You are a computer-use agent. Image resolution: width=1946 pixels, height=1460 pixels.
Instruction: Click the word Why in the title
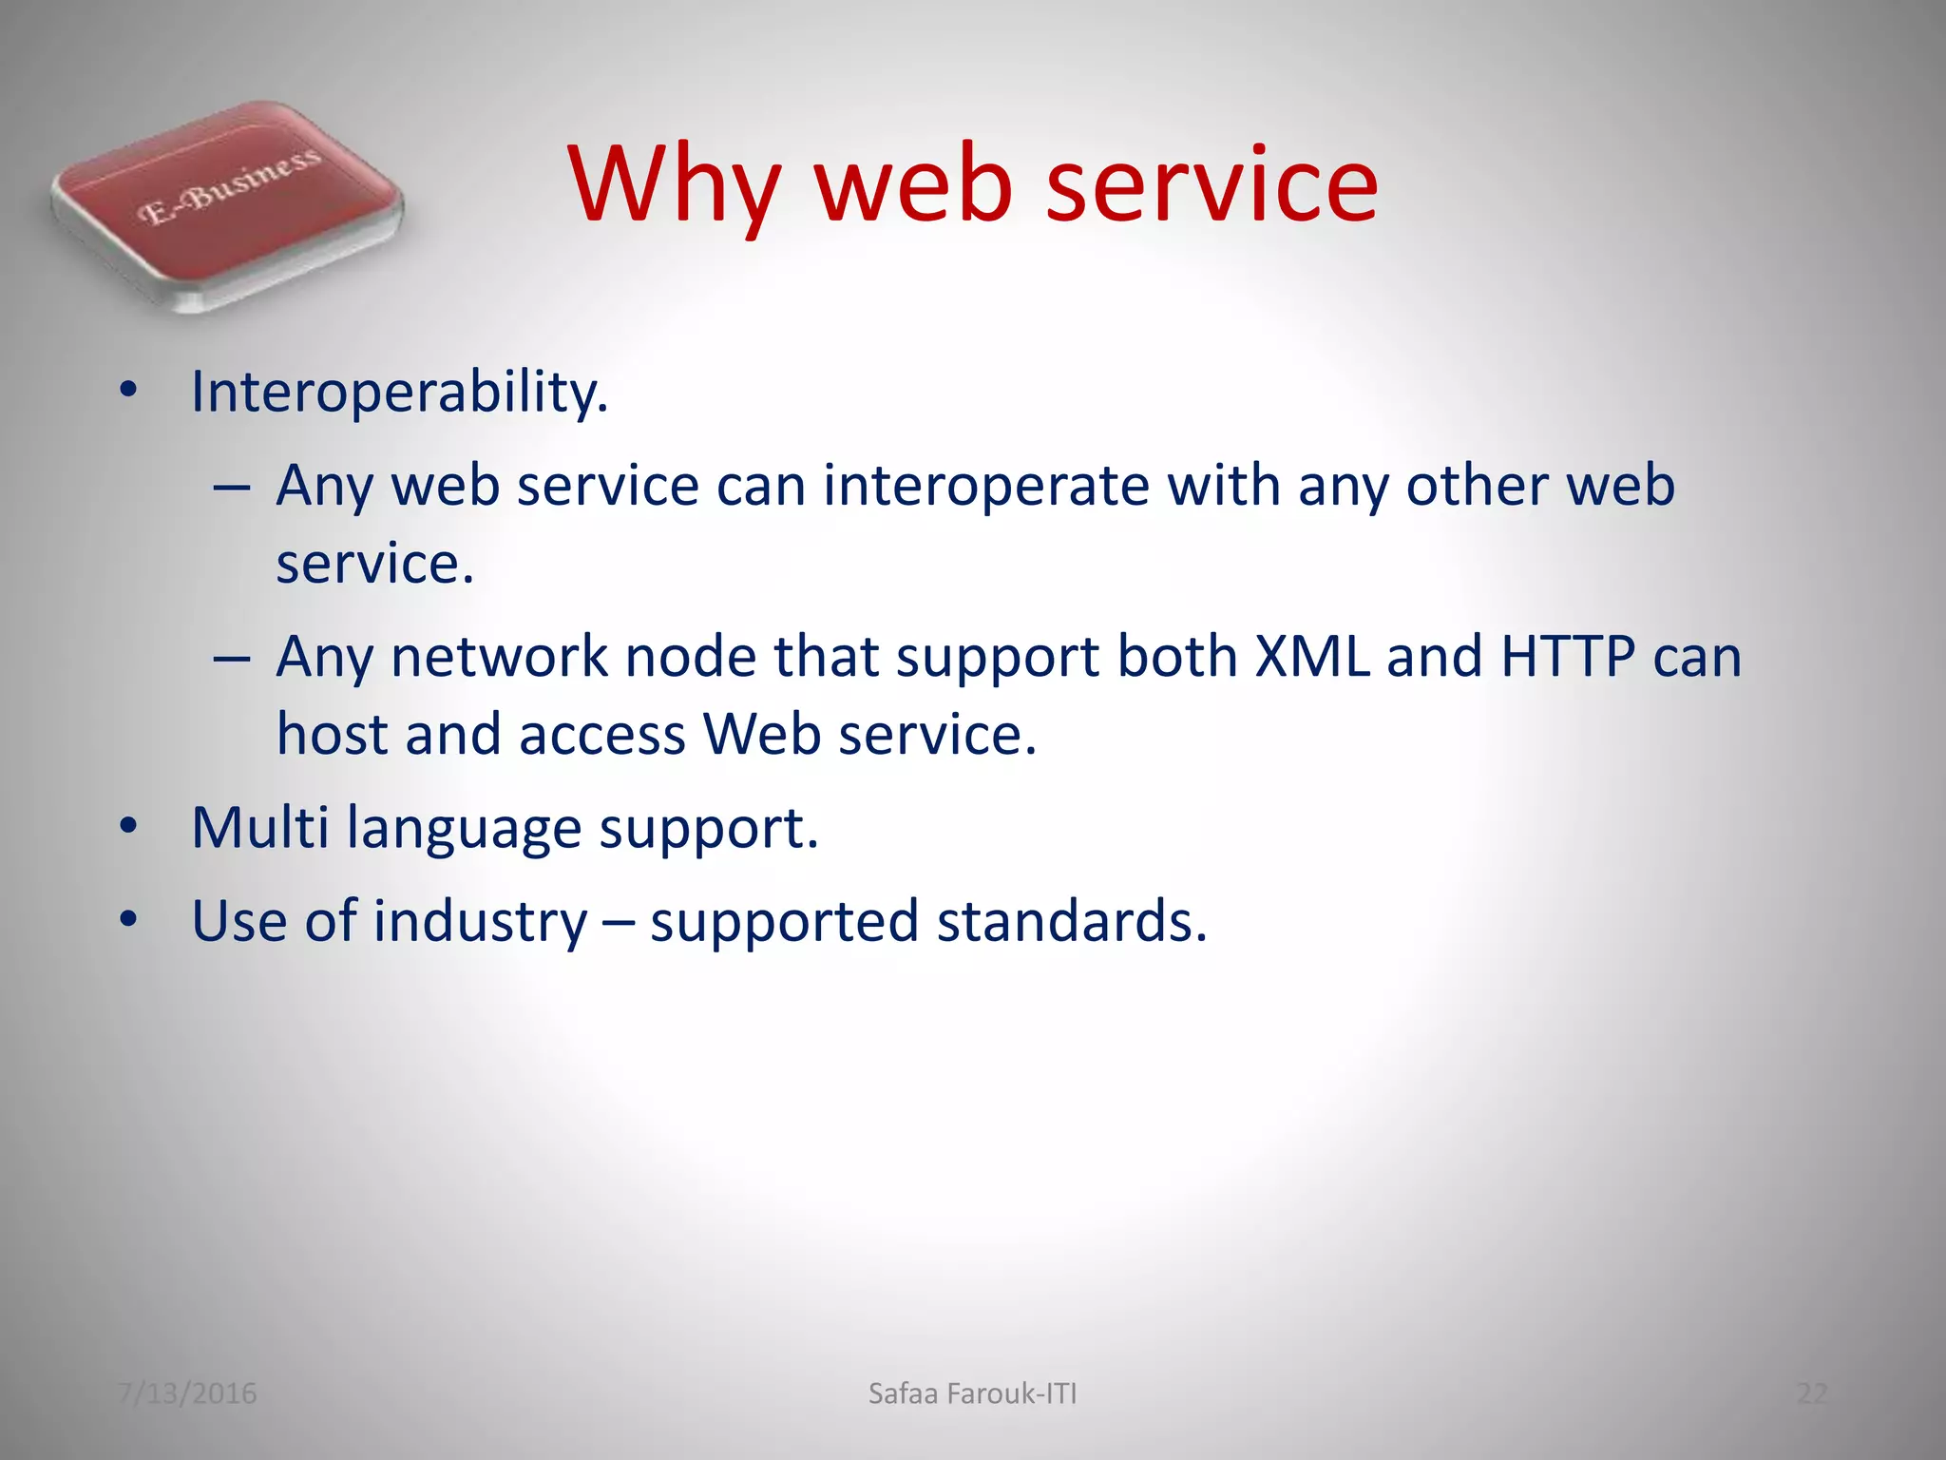point(676,185)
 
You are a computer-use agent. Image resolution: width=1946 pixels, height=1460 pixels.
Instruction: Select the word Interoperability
point(399,392)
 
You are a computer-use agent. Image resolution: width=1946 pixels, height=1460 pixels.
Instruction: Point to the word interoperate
point(986,486)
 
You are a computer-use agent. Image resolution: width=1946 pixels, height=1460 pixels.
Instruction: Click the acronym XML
point(1312,656)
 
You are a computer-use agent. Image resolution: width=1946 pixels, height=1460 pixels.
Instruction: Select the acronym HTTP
point(1568,656)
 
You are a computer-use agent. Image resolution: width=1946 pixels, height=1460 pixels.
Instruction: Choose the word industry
point(480,922)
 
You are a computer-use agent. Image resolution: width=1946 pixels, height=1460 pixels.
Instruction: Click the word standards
point(1072,921)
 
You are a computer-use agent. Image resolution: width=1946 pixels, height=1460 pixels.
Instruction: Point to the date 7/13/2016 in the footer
point(187,1393)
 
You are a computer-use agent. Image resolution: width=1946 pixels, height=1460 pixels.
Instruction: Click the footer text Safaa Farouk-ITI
point(972,1393)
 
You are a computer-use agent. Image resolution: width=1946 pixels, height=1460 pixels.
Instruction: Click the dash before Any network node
point(232,658)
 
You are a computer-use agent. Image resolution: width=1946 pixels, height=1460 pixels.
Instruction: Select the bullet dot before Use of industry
point(129,920)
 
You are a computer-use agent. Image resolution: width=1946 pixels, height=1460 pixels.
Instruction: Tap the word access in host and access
point(601,735)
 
